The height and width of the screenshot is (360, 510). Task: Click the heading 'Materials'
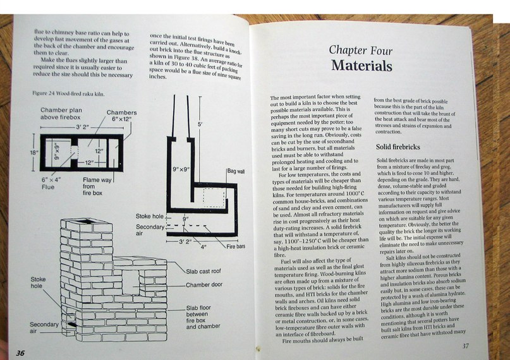[361, 66]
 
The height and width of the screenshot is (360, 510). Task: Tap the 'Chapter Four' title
[360, 49]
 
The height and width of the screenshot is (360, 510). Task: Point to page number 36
[20, 352]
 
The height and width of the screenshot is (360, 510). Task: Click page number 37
[465, 345]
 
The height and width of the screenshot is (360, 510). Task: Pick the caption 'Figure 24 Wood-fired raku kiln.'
[68, 93]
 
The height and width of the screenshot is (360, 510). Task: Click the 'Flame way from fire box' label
[97, 183]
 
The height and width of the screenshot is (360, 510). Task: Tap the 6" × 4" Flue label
[52, 183]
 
